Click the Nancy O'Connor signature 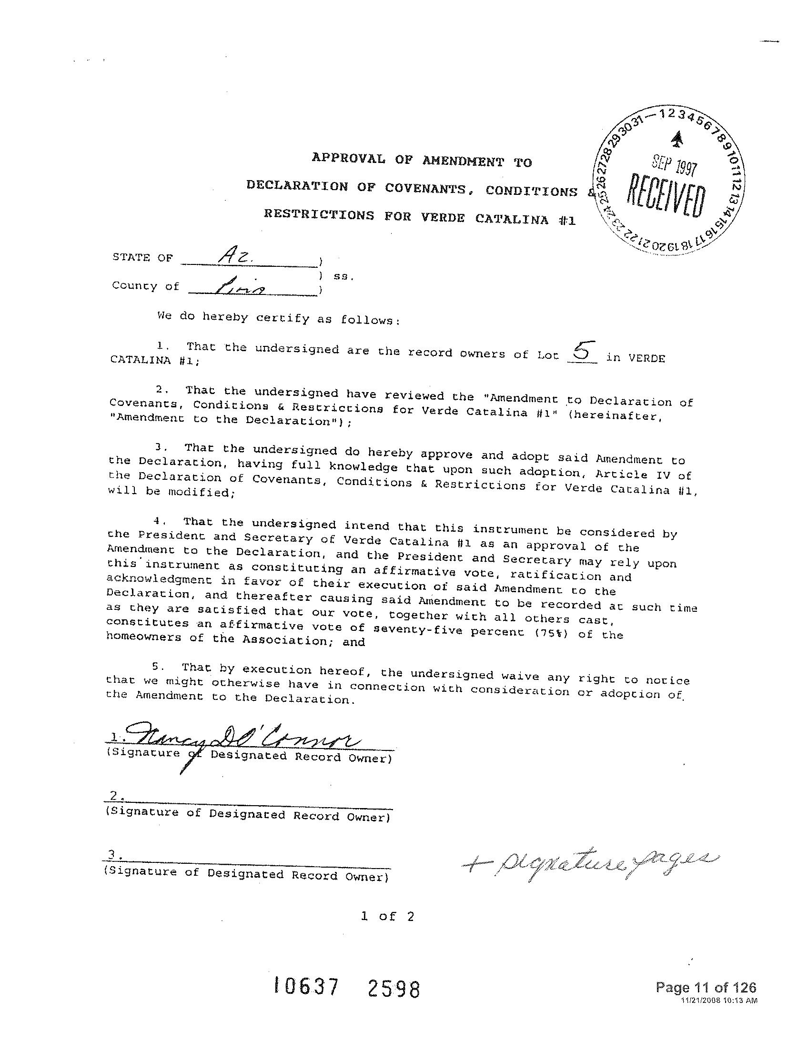241,736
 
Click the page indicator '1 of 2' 387,916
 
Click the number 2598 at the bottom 394,989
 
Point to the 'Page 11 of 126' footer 706,988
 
